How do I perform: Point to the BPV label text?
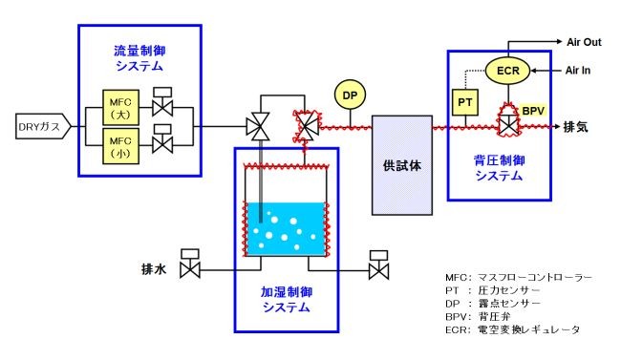point(532,112)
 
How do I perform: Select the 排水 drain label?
point(155,271)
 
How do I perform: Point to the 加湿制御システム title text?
point(287,300)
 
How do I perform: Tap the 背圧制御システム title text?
point(498,168)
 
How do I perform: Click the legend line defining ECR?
point(512,329)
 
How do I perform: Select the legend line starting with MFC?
point(512,277)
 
